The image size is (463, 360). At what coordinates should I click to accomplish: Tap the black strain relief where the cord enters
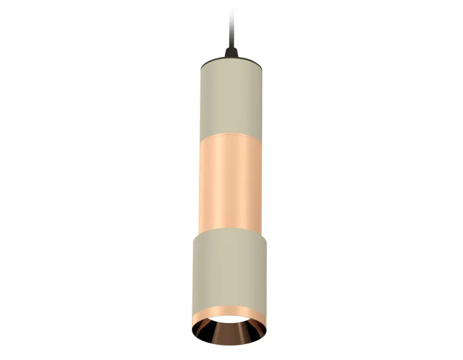click(x=231, y=52)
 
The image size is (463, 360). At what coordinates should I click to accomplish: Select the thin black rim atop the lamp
click(x=231, y=58)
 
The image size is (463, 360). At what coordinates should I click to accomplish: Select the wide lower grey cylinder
click(x=231, y=265)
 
